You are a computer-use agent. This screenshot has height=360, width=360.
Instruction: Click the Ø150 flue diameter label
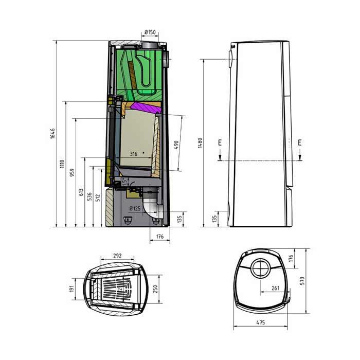click(x=150, y=32)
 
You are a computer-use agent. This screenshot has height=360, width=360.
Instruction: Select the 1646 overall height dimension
click(x=52, y=133)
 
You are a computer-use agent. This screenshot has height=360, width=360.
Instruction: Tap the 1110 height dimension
click(x=62, y=164)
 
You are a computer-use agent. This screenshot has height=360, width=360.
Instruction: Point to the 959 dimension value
click(x=72, y=172)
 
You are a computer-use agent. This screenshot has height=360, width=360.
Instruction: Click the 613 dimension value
click(x=81, y=192)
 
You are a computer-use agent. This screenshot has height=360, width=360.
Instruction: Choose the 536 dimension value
click(x=89, y=196)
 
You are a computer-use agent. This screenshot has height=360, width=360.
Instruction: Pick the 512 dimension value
click(x=98, y=198)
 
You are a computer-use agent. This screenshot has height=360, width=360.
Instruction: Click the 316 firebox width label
click(x=134, y=154)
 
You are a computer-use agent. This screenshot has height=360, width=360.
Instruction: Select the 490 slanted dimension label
click(x=176, y=145)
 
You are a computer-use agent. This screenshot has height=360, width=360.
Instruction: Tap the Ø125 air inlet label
click(x=135, y=208)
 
